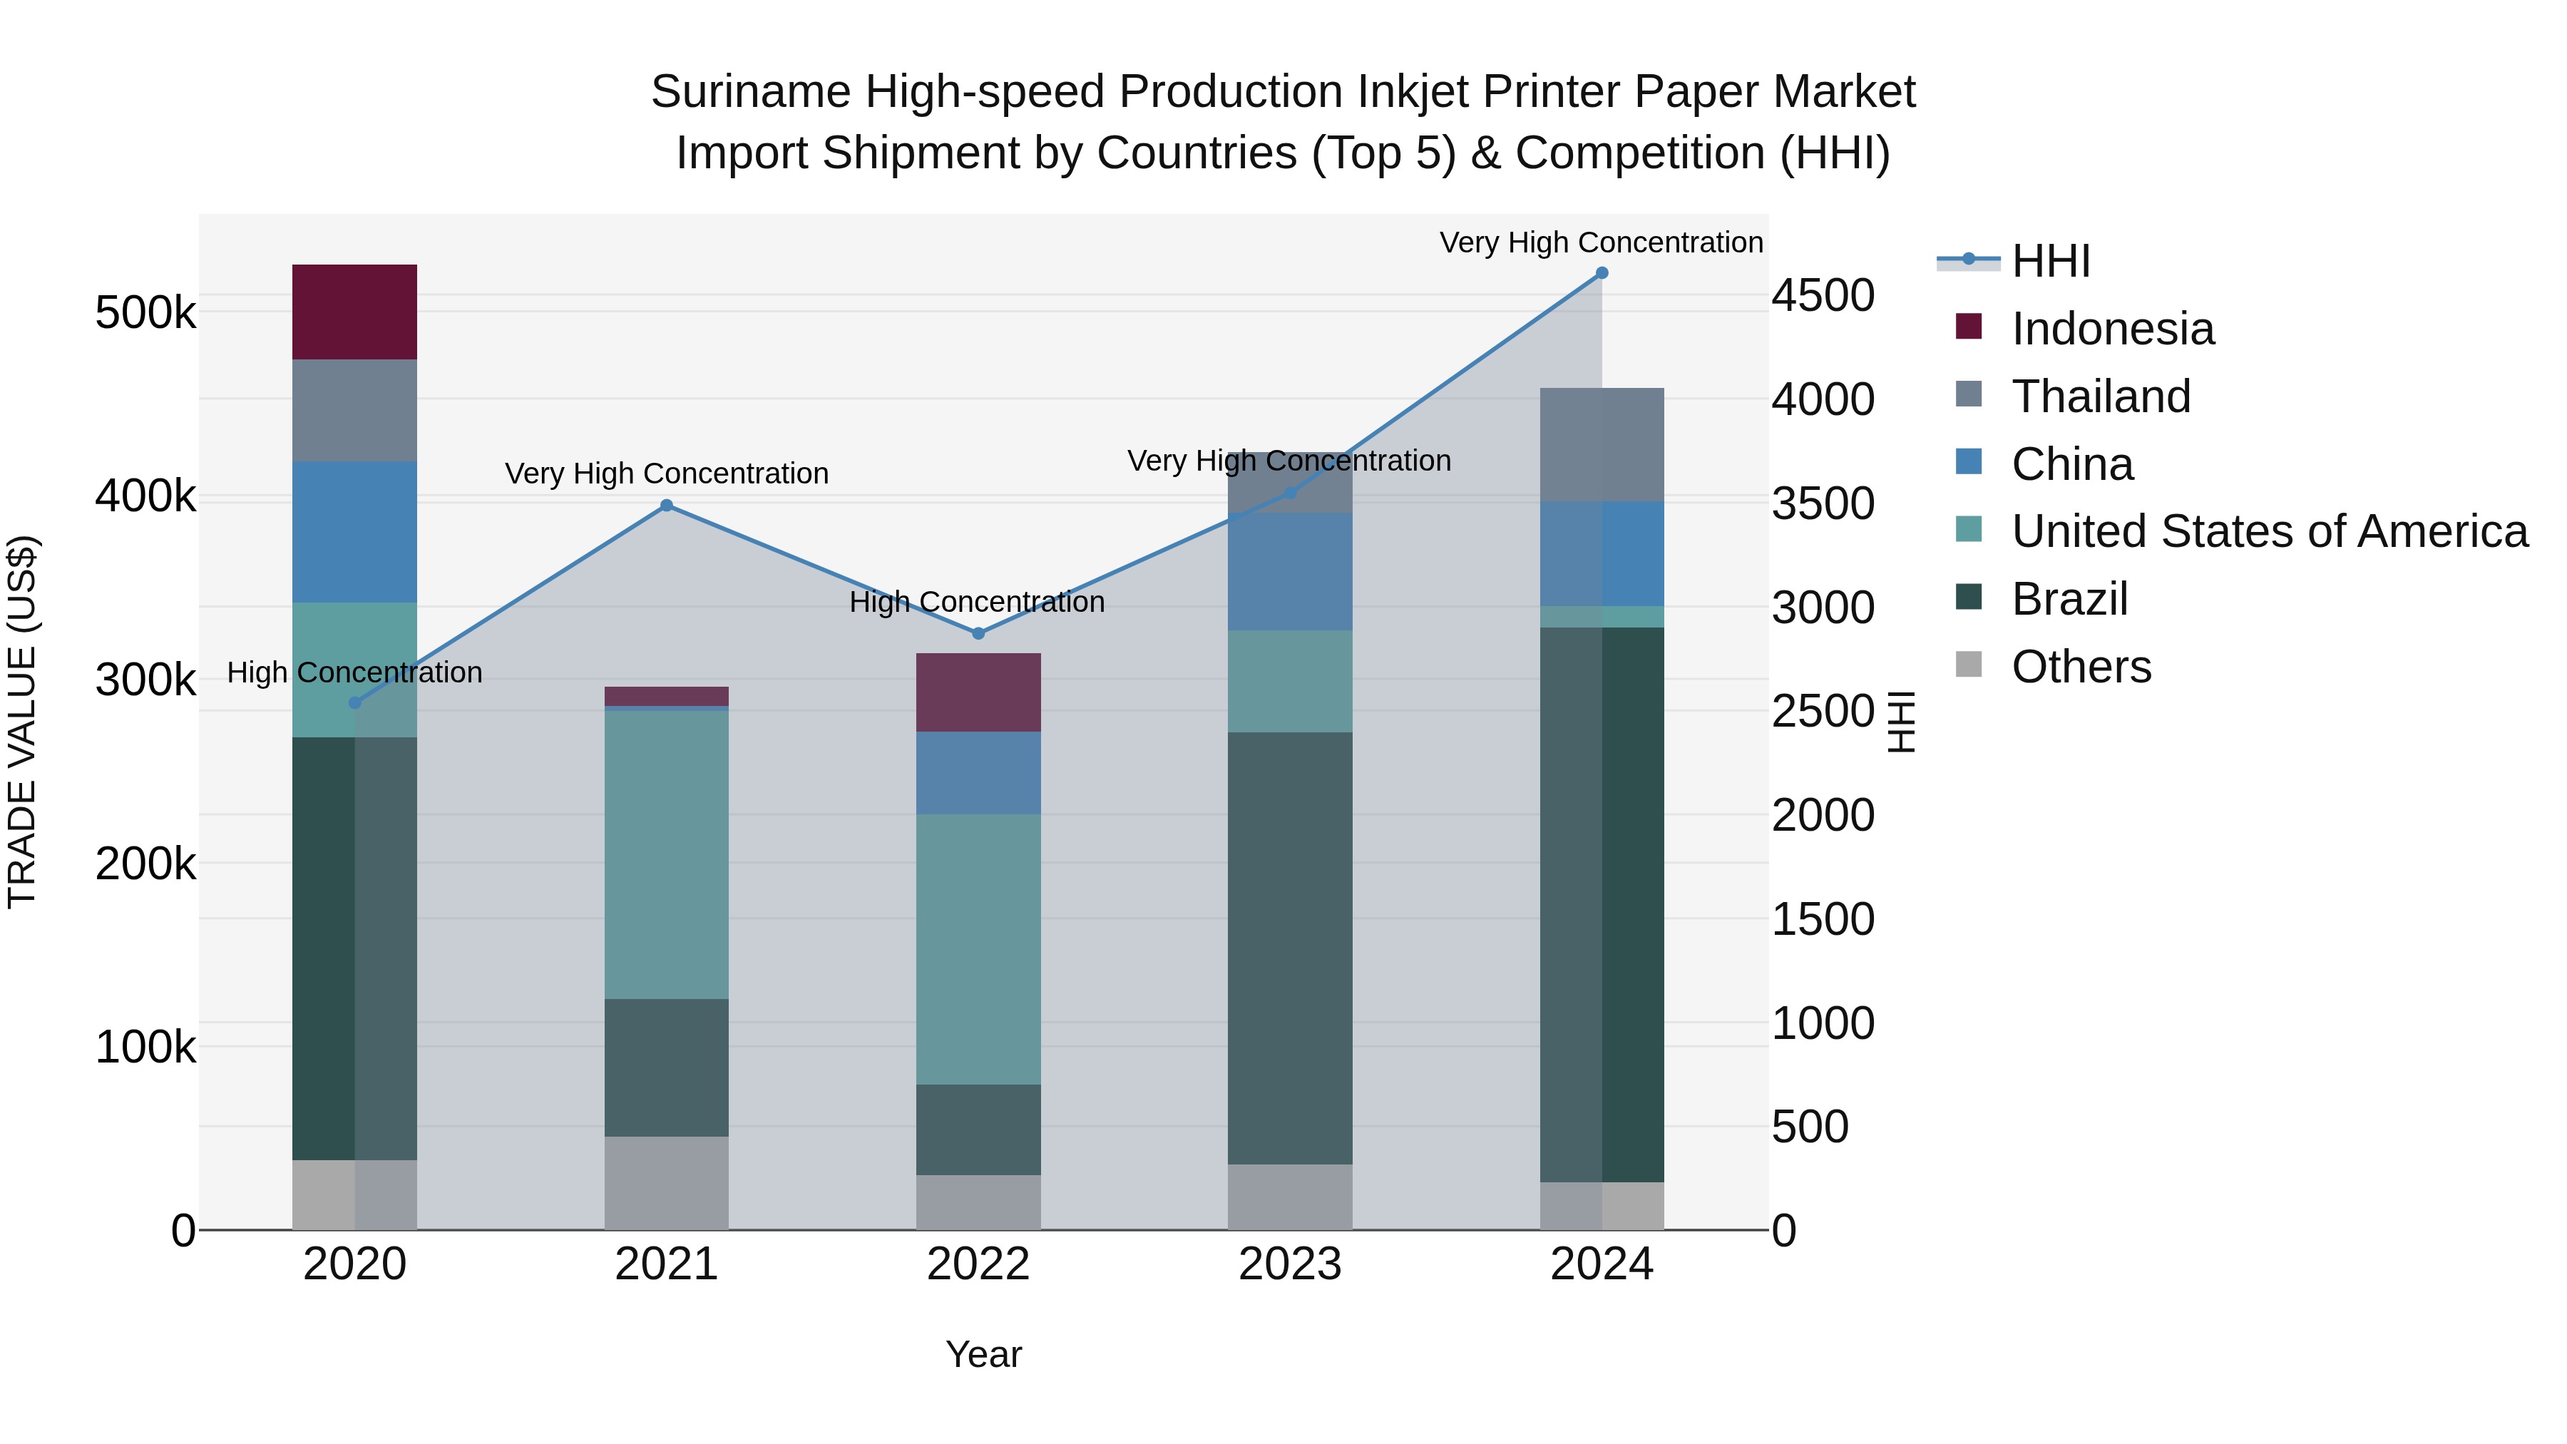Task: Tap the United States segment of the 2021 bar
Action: [666, 854]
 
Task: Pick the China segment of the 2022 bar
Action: [978, 773]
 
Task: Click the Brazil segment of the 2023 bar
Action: [1289, 948]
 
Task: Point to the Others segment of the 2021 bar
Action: [666, 1183]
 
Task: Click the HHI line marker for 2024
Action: [1602, 273]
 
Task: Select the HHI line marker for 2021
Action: [667, 506]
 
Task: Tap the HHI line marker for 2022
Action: [978, 634]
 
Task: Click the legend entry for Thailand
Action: [2101, 396]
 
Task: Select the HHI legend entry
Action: [2050, 262]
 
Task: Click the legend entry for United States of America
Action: [2268, 532]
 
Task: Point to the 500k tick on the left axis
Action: [145, 314]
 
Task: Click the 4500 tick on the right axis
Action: [1823, 296]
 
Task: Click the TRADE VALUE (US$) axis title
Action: [23, 722]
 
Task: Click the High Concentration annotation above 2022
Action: [977, 603]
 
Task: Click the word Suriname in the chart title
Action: [752, 93]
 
